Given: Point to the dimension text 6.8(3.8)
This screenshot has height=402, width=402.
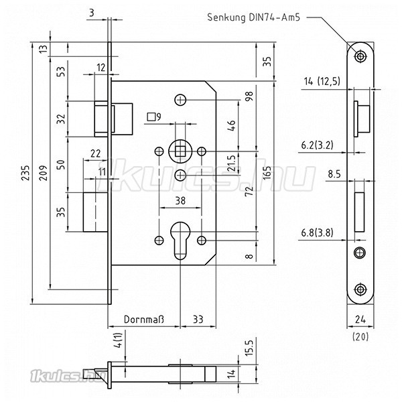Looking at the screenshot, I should pyautogui.click(x=318, y=233).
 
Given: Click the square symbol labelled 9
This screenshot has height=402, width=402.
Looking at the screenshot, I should pyautogui.click(x=150, y=117).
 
